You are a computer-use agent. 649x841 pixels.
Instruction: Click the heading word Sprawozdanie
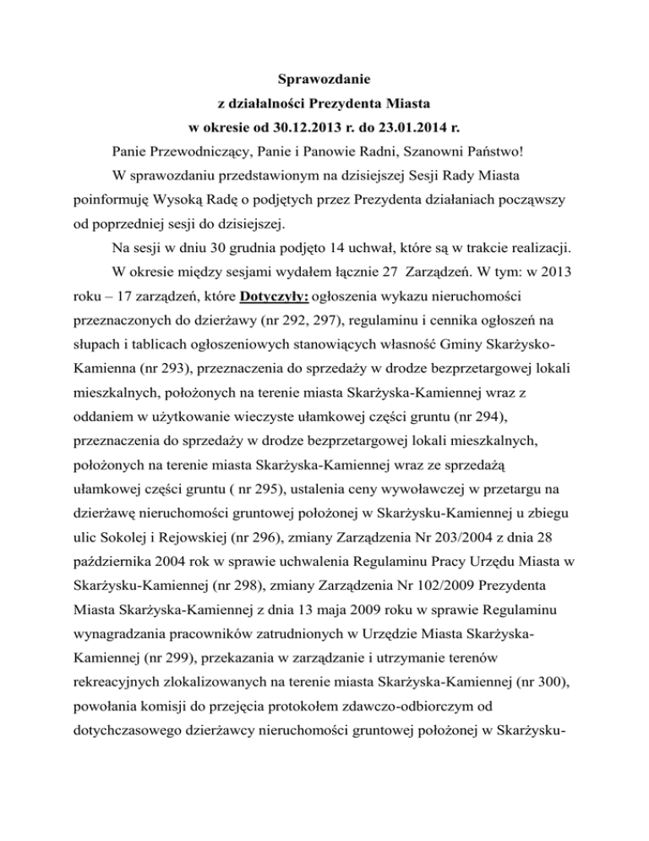point(325,81)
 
